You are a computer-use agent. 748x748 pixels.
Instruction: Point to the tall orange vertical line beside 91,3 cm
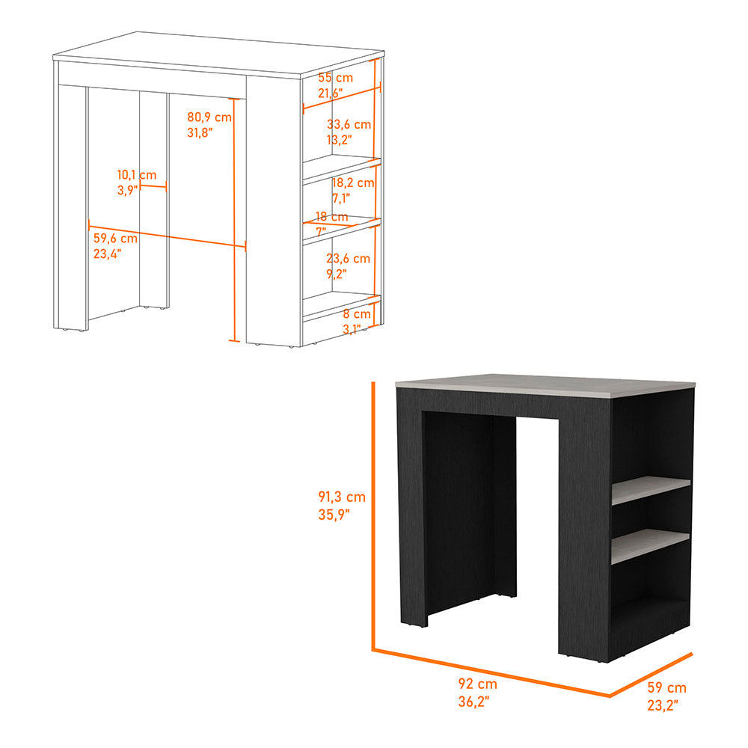pos(373,516)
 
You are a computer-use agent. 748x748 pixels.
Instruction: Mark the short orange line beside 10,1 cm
pos(153,187)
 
